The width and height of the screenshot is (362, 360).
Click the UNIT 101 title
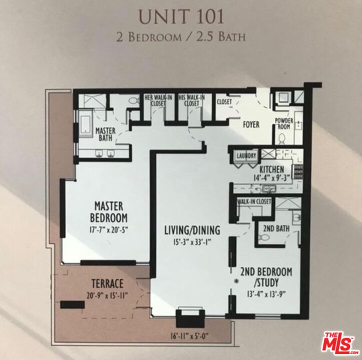[181, 16]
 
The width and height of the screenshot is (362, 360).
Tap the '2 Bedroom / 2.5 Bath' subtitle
[181, 37]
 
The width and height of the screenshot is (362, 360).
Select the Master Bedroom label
[109, 212]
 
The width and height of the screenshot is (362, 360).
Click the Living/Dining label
[192, 230]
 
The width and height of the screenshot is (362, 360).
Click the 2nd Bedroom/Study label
[266, 277]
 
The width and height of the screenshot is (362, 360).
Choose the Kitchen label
[272, 169]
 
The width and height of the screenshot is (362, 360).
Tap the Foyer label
[251, 124]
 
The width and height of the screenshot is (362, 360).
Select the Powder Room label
[283, 124]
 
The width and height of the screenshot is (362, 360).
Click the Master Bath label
[106, 134]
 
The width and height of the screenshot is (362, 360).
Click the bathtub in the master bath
[83, 124]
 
